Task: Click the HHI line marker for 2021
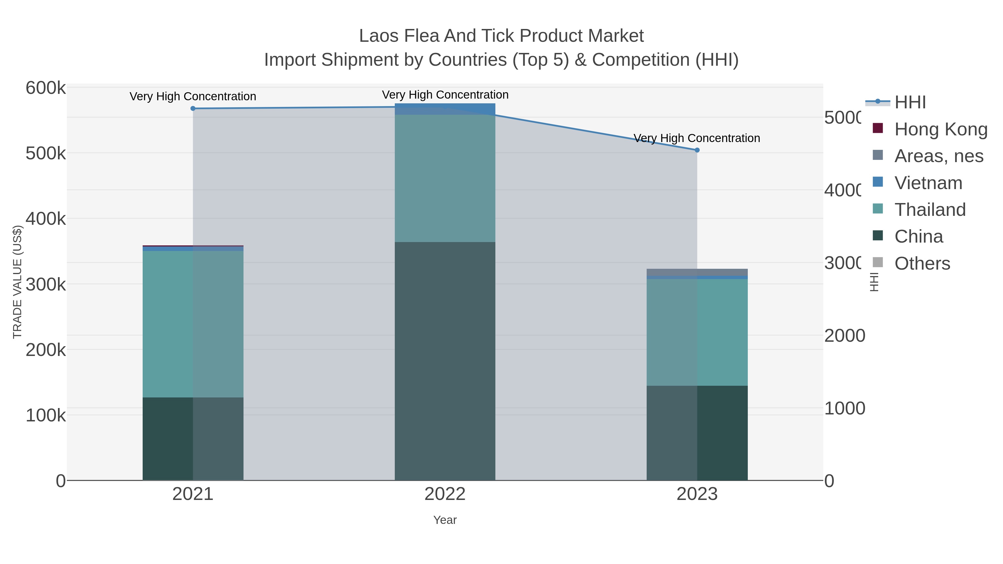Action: (193, 109)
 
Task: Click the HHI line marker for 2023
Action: (697, 150)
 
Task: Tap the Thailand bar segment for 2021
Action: (193, 324)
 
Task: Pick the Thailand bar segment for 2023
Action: (697, 332)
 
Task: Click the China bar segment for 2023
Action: (697, 433)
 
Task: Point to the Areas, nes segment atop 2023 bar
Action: (697, 272)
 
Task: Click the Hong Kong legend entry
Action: (941, 129)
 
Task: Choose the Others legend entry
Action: (922, 263)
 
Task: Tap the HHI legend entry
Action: (910, 102)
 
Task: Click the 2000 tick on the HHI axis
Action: (844, 336)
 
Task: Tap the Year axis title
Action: (445, 520)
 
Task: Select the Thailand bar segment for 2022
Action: (445, 178)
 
